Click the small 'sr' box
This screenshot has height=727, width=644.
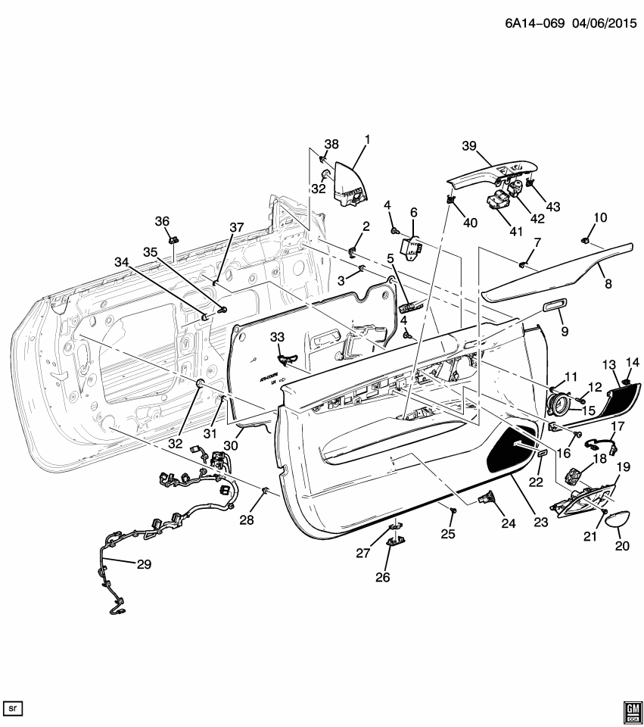tap(14, 708)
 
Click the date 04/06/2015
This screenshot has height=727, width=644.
tap(596, 23)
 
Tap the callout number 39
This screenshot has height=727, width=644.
tap(469, 145)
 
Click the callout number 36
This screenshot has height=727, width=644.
tap(163, 220)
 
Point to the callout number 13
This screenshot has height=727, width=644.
tap(610, 365)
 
